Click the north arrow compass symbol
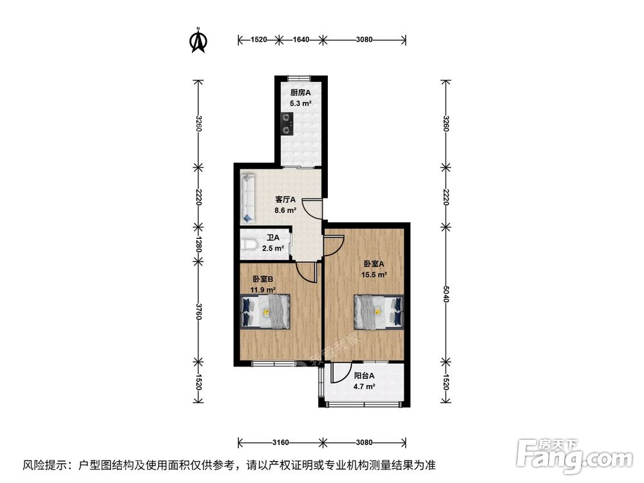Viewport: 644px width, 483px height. click(x=198, y=40)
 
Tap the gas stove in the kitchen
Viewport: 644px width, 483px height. click(x=287, y=124)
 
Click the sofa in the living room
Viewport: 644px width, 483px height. click(x=248, y=198)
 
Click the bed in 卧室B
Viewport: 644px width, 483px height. click(x=265, y=311)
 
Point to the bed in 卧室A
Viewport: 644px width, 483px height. click(x=379, y=312)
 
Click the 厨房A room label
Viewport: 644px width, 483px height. click(x=301, y=92)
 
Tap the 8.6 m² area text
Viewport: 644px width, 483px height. click(x=285, y=211)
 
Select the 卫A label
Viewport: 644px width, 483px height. click(x=273, y=238)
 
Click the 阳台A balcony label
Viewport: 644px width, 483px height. click(x=365, y=375)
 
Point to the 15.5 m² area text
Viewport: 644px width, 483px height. click(x=374, y=275)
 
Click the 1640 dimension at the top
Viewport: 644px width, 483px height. click(x=301, y=39)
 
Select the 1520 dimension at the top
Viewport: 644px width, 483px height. click(x=259, y=39)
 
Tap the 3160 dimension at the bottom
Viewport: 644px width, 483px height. click(x=281, y=442)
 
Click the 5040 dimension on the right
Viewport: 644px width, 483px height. click(x=446, y=294)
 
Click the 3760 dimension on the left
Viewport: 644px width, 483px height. click(x=198, y=312)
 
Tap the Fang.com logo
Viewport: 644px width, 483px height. click(x=574, y=456)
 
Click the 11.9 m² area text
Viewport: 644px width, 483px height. click(x=263, y=290)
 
